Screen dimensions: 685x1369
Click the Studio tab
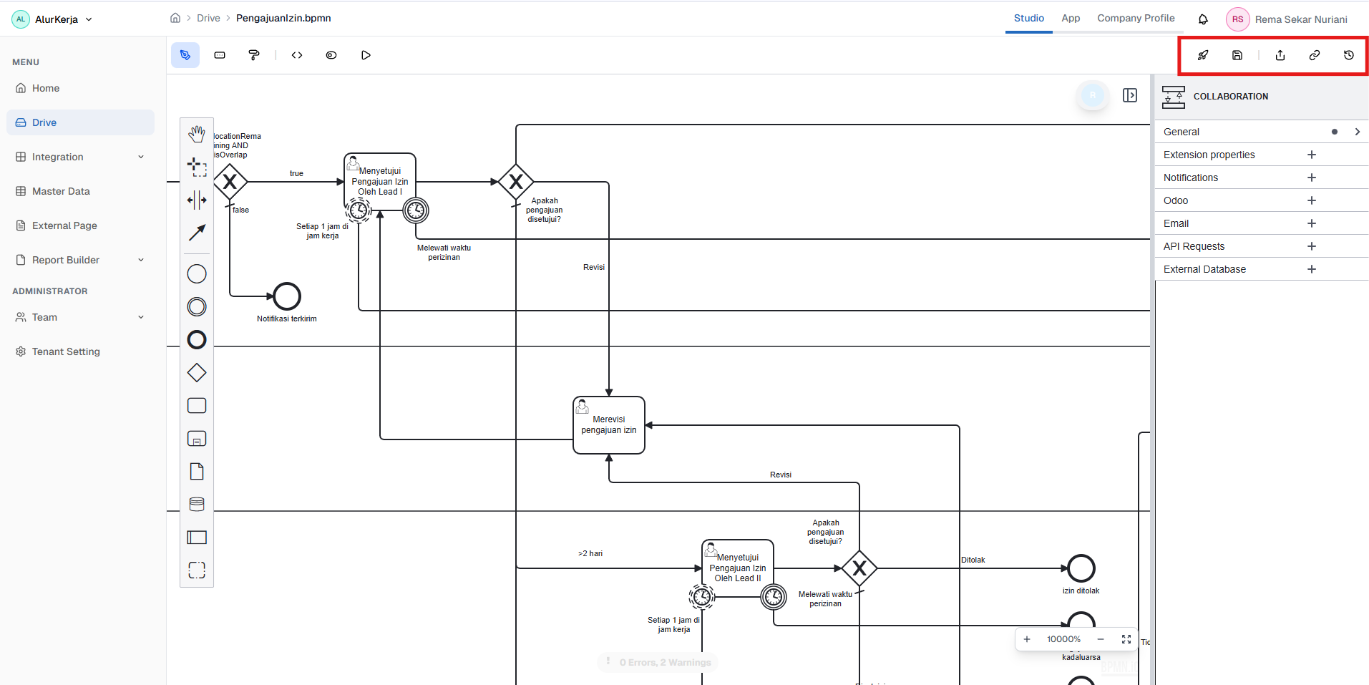tap(1028, 18)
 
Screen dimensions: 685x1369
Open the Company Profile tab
tap(1136, 18)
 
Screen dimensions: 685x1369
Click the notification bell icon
tap(1203, 19)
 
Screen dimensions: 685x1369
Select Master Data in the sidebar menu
tap(61, 191)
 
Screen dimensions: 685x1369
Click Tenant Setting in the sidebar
tap(66, 351)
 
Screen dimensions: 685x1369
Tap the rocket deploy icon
tap(1203, 55)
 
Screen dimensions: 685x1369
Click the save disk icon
tap(1237, 55)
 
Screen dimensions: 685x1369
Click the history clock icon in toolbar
tap(1349, 55)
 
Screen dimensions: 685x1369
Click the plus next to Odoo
tap(1312, 200)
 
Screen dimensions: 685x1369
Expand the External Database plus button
tap(1312, 269)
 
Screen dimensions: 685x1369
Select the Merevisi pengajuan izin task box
tap(609, 425)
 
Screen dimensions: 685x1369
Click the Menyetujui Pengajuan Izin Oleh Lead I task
tap(380, 181)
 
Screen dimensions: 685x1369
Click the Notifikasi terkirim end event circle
tap(287, 296)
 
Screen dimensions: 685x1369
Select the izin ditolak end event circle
tap(1081, 568)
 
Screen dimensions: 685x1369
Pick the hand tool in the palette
tap(197, 134)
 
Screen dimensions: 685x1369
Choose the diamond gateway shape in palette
tap(197, 373)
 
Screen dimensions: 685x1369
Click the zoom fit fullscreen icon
tap(1126, 639)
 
